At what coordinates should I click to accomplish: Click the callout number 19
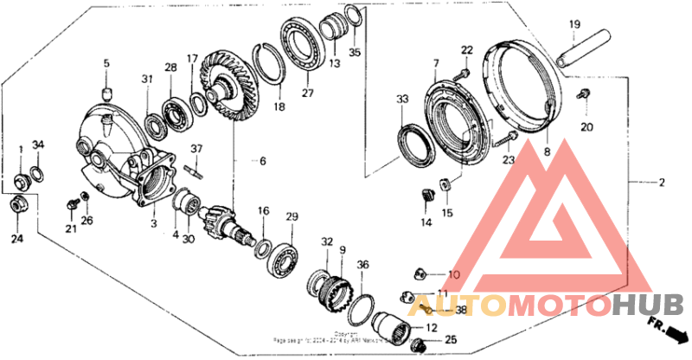point(572,24)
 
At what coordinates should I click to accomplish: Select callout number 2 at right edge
point(662,183)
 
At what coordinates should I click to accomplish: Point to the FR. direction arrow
point(665,329)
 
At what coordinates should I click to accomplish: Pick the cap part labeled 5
point(107,93)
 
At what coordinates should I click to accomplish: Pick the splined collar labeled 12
point(393,326)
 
